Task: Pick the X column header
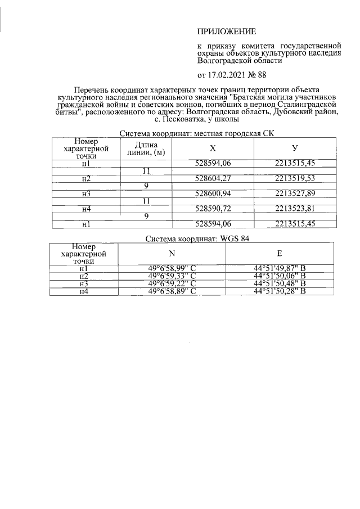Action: point(212,148)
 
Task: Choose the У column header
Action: point(295,148)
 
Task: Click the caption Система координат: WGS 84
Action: point(197,238)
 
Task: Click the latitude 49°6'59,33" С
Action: point(172,276)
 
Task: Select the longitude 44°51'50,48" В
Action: point(280,283)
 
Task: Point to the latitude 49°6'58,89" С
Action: point(172,291)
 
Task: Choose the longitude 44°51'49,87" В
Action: point(280,269)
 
